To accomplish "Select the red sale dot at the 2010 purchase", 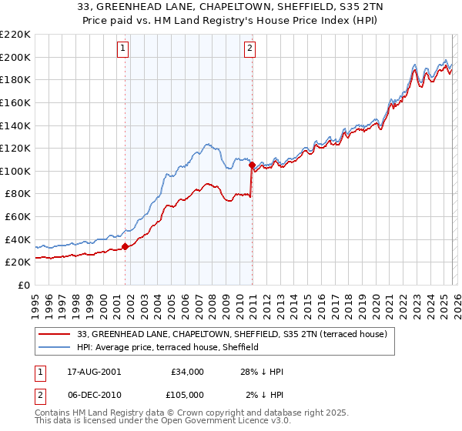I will point(252,165).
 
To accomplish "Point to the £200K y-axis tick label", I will point(15,57).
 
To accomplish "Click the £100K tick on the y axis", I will point(15,171).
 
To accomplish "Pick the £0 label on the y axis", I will point(24,285).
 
